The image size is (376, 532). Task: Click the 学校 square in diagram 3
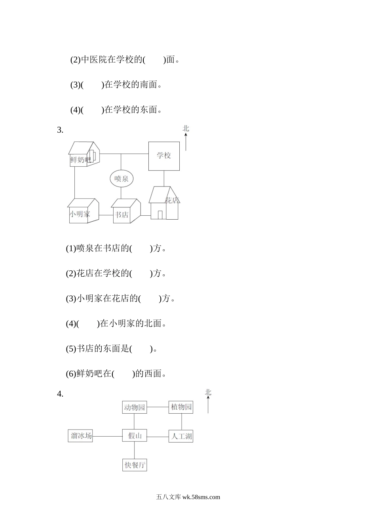(164, 156)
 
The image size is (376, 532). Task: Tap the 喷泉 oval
(122, 179)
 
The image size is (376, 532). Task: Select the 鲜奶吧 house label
(80, 160)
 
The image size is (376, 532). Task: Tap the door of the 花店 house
(160, 215)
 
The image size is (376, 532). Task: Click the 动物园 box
(135, 407)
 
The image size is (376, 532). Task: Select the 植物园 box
(181, 407)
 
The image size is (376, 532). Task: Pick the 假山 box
(135, 436)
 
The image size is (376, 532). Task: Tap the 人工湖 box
(181, 437)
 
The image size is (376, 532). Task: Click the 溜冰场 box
(80, 436)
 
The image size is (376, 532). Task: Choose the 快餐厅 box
(135, 465)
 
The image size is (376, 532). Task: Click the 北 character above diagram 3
(186, 129)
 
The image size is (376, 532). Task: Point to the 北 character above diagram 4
(208, 393)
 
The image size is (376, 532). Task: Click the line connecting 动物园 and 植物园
(158, 407)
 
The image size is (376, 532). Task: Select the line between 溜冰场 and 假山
(107, 437)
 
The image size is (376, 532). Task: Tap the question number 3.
(60, 130)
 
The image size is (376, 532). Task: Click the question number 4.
(60, 394)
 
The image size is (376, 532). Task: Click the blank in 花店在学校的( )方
(141, 274)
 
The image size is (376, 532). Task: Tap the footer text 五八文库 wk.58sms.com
(188, 497)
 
